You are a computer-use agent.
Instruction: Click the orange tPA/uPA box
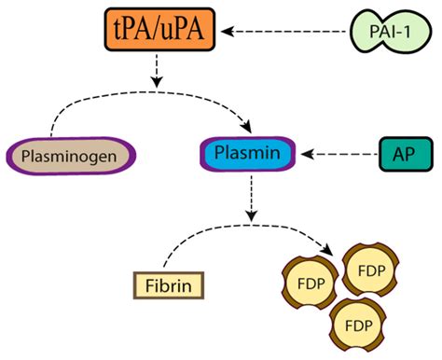click(x=163, y=34)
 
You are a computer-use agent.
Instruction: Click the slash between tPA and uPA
click(x=164, y=34)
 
